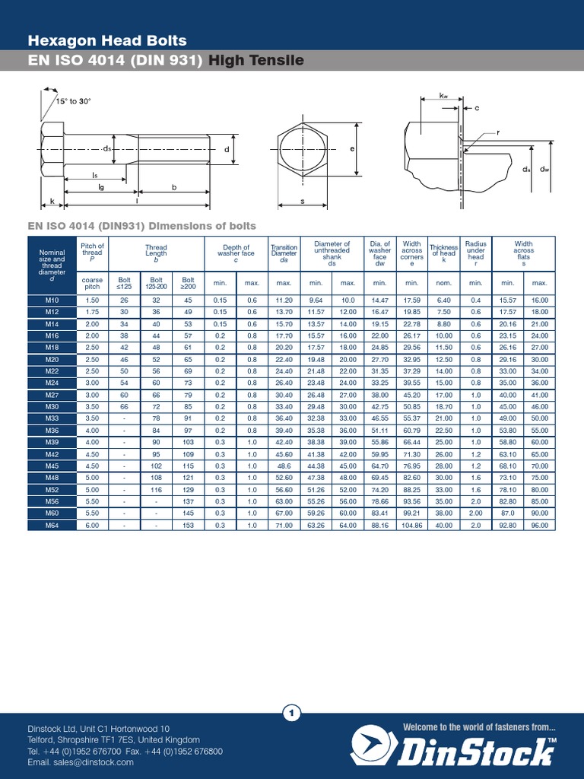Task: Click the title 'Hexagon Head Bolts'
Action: tap(107, 40)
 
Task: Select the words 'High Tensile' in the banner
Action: tap(256, 61)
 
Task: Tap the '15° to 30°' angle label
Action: tap(73, 101)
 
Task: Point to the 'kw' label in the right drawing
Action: tap(444, 96)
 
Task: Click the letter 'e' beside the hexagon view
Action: tap(353, 149)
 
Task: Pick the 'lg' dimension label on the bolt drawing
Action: tap(101, 186)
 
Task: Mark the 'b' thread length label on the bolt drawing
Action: tap(174, 186)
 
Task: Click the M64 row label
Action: tap(52, 525)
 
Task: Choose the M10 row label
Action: tap(52, 300)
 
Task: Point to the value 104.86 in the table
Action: tap(412, 525)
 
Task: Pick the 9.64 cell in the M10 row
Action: tap(316, 300)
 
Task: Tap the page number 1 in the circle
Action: tap(292, 713)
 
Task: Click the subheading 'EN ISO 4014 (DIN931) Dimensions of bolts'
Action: tap(142, 226)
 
